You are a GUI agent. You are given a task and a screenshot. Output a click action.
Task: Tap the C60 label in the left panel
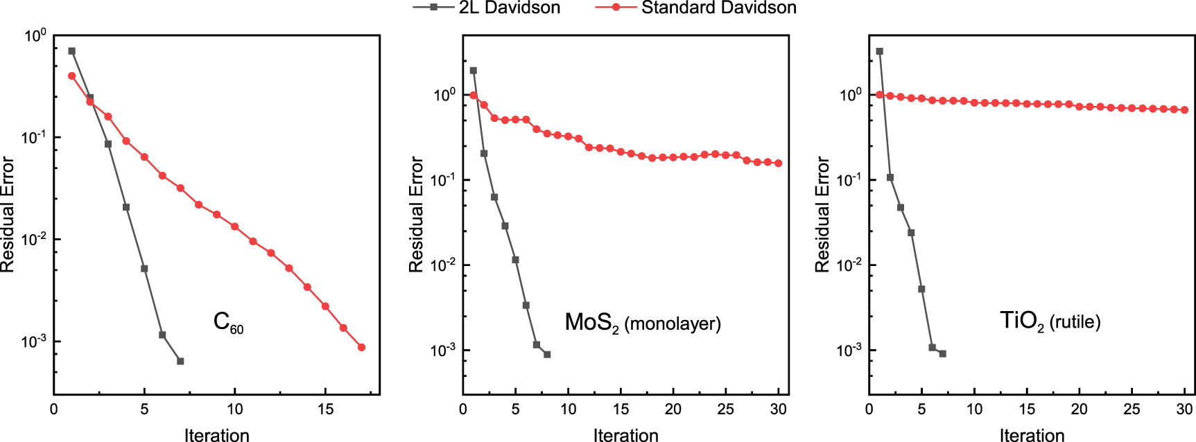(228, 322)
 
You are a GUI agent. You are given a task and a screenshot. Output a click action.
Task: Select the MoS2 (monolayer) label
(643, 323)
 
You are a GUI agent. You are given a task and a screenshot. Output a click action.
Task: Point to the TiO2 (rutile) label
(1050, 321)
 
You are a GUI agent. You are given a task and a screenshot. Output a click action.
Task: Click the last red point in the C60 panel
(361, 347)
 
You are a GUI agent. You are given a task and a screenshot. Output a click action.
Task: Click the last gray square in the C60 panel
(180, 361)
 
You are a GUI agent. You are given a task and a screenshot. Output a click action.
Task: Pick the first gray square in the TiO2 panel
(880, 51)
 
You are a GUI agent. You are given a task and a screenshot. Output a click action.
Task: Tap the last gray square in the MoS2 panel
(547, 355)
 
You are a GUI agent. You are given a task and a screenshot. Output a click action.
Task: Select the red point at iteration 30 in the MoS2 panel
(778, 163)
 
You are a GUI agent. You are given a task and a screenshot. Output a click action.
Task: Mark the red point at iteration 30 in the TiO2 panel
(1184, 110)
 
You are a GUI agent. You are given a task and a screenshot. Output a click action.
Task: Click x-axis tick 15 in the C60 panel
(325, 409)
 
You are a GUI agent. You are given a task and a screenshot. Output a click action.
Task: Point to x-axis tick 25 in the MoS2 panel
(725, 409)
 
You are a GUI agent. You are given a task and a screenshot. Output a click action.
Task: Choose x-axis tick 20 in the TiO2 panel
(1079, 409)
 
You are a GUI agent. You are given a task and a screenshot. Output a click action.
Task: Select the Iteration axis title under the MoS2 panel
(625, 435)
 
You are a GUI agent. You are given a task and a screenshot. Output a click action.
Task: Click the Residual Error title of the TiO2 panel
(822, 215)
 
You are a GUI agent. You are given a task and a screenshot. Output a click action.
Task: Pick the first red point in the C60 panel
(72, 76)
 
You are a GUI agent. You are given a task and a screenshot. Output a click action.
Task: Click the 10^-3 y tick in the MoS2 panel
(443, 351)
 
